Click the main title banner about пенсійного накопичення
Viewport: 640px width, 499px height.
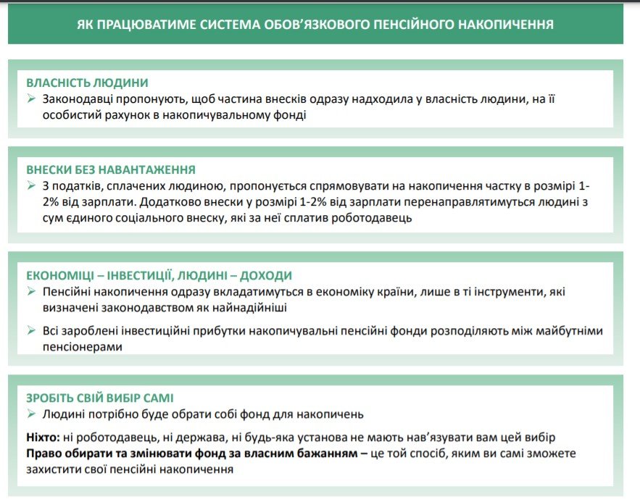pos(315,25)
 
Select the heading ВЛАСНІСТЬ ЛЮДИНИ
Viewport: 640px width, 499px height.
pos(88,83)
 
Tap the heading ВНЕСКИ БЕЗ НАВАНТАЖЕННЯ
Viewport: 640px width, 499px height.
pos(111,169)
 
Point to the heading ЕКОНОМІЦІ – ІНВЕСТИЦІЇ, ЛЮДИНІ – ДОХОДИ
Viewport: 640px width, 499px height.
pos(159,276)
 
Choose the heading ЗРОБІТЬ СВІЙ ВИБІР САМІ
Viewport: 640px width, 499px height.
pos(100,398)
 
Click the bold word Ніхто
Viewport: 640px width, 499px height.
pos(43,437)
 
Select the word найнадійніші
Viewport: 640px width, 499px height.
pos(252,308)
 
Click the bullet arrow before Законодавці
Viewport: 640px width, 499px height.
pos(31,98)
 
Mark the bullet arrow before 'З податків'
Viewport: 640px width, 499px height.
pos(31,186)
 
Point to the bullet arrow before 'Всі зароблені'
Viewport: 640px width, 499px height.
pos(31,331)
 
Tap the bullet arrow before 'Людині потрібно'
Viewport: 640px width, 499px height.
pos(31,414)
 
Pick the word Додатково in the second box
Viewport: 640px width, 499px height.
pos(175,202)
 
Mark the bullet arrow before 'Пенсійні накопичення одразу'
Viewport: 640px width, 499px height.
pos(31,292)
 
